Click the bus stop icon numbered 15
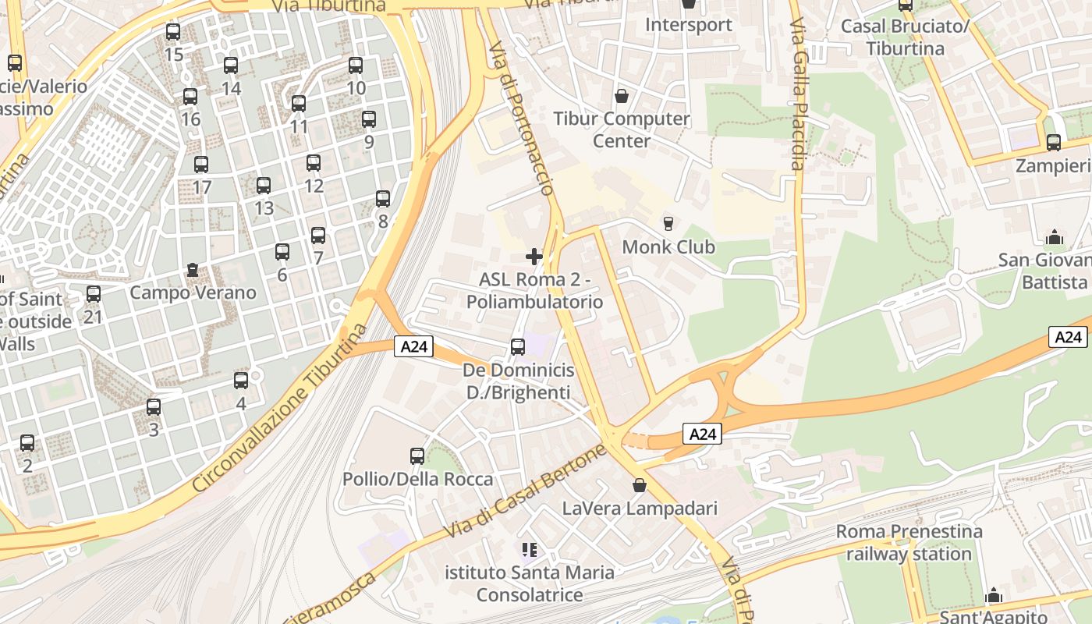tap(173, 32)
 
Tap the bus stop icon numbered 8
tap(382, 199)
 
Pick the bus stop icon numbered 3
tap(154, 407)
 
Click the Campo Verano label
tap(193, 292)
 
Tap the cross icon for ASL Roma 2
tap(534, 257)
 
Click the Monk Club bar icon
tap(668, 224)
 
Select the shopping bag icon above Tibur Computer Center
tap(622, 96)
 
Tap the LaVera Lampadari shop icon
tap(640, 486)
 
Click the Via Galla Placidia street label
tap(797, 94)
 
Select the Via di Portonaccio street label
tap(521, 117)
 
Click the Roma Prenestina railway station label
tap(909, 543)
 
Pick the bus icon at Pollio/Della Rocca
tap(417, 456)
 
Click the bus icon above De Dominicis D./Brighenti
tap(518, 347)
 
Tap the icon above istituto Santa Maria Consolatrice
tap(530, 550)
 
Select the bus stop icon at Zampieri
tap(1054, 143)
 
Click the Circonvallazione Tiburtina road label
tap(279, 409)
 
